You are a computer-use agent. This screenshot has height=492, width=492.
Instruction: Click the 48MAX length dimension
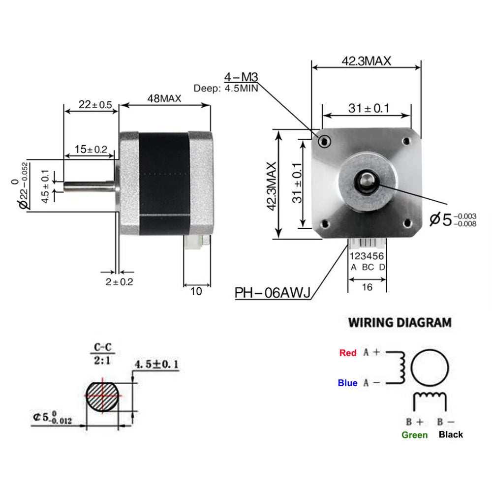[x=164, y=98]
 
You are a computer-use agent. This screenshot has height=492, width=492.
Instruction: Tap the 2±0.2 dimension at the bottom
[x=119, y=282]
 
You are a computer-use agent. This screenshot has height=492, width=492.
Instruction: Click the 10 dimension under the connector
[x=196, y=291]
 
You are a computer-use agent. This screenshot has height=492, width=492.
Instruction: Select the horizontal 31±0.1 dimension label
[x=369, y=109]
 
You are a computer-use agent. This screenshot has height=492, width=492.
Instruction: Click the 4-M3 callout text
[x=241, y=77]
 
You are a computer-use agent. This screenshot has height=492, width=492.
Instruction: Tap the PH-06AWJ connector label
[x=272, y=293]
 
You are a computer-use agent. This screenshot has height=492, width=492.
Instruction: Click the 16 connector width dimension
[x=367, y=286]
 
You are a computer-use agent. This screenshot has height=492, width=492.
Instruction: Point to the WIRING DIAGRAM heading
[x=400, y=323]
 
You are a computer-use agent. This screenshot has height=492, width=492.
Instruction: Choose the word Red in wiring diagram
[x=348, y=353]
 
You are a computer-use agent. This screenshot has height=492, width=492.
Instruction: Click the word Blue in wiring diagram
[x=347, y=383]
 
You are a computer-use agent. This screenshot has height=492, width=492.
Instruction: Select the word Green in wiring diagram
[x=414, y=435]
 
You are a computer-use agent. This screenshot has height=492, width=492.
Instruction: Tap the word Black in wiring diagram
[x=451, y=434]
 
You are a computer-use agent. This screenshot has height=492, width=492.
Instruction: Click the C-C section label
[x=103, y=348]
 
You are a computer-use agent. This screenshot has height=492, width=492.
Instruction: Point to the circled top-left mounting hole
[x=324, y=141]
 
